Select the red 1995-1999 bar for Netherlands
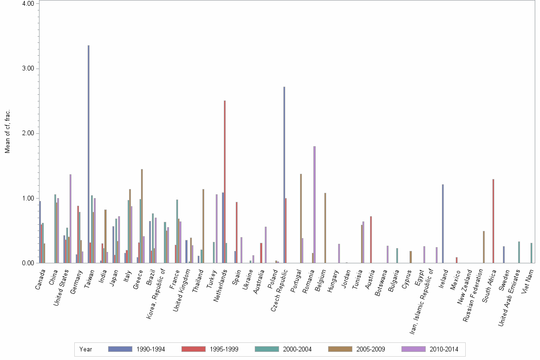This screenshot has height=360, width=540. click(x=225, y=181)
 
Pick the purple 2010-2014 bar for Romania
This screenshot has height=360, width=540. click(x=315, y=204)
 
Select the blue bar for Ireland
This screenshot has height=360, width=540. click(x=443, y=223)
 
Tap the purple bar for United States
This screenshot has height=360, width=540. click(x=70, y=219)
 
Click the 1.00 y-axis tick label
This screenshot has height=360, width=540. click(x=28, y=198)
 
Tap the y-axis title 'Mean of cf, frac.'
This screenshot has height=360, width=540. click(x=7, y=132)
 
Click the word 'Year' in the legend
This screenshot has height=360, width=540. click(x=86, y=349)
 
